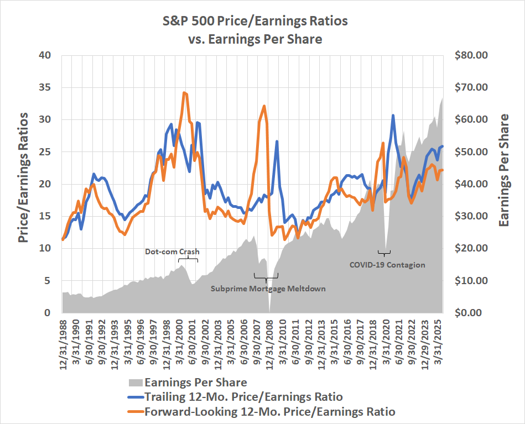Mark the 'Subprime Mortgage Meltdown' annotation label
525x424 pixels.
[x=268, y=289]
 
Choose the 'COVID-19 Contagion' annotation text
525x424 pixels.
[x=387, y=265]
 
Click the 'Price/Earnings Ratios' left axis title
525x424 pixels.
[x=23, y=177]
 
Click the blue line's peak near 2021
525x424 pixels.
[x=393, y=116]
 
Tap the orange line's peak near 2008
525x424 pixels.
[x=264, y=106]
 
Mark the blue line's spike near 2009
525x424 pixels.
[x=277, y=142]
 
